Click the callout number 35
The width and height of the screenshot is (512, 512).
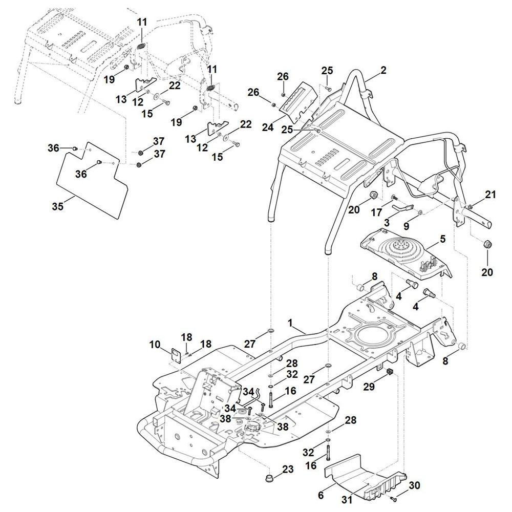[58, 206]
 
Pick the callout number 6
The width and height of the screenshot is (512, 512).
[321, 495]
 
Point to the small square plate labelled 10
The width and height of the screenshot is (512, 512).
[176, 354]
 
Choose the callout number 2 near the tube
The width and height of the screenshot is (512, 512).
[383, 71]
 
